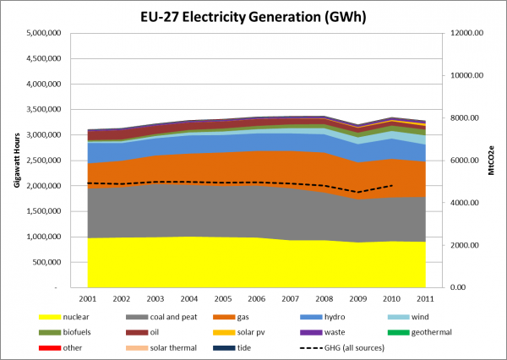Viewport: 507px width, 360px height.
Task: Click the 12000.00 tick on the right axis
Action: (x=465, y=34)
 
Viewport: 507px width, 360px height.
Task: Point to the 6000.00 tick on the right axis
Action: (x=465, y=161)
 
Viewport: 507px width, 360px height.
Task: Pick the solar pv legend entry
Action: (x=253, y=333)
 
